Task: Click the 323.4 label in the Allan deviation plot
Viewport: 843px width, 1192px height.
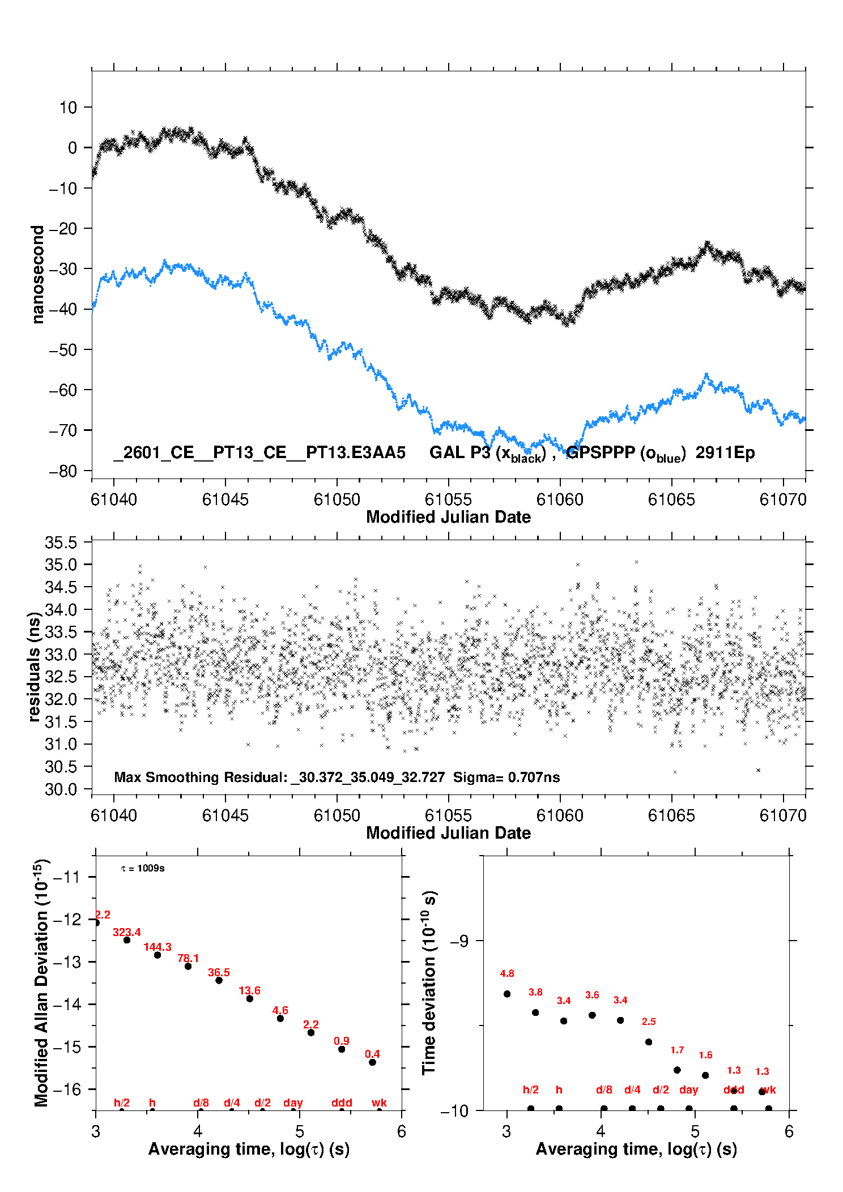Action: pos(126,932)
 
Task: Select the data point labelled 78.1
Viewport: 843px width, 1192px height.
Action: pos(188,966)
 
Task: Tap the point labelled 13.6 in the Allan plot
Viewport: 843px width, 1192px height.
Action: pos(249,998)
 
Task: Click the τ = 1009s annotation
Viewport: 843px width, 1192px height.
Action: pos(143,868)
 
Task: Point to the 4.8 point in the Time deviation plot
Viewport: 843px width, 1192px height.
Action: pos(507,994)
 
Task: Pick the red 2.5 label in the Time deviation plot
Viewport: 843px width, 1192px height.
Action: pos(649,1022)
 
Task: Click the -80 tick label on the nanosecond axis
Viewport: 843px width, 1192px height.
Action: pos(63,471)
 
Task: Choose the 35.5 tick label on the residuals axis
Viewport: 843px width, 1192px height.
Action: pos(61,542)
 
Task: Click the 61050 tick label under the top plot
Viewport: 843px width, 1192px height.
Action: pos(337,499)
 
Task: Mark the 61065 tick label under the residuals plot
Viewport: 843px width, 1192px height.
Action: pos(671,815)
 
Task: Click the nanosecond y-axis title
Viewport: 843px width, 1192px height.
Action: pos(37,274)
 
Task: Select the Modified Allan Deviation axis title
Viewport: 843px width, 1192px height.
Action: pos(41,982)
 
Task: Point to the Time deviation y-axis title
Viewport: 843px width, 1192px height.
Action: pos(429,983)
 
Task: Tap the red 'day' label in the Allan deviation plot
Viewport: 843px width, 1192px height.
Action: pos(293,1103)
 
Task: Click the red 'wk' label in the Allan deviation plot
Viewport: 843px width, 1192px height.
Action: pos(379,1103)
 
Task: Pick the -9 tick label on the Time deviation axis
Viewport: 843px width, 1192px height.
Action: pos(459,941)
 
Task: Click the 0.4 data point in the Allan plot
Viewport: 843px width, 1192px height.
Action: pos(372,1062)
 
